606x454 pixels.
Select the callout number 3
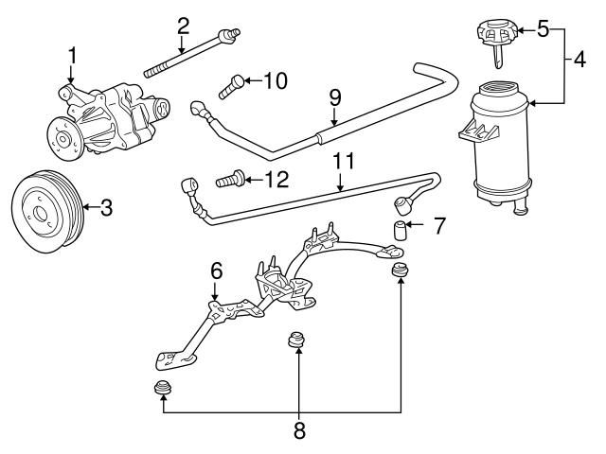pyautogui.click(x=107, y=207)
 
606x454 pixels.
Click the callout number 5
pyautogui.click(x=543, y=29)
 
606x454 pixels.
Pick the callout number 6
pyautogui.click(x=216, y=271)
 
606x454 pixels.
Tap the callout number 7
pyautogui.click(x=437, y=227)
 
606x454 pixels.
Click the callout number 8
pyautogui.click(x=299, y=430)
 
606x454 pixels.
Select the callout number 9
pyautogui.click(x=333, y=97)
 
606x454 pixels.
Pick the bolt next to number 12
pyautogui.click(x=229, y=177)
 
